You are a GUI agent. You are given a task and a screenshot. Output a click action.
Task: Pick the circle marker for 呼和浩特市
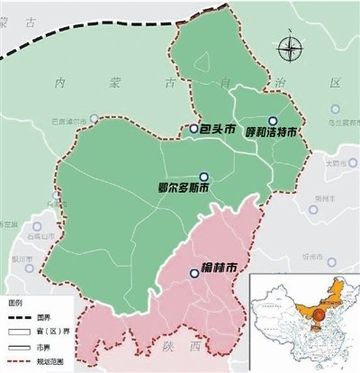click(273, 120)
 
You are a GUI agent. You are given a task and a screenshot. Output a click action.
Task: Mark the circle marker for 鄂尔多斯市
click(204, 177)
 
